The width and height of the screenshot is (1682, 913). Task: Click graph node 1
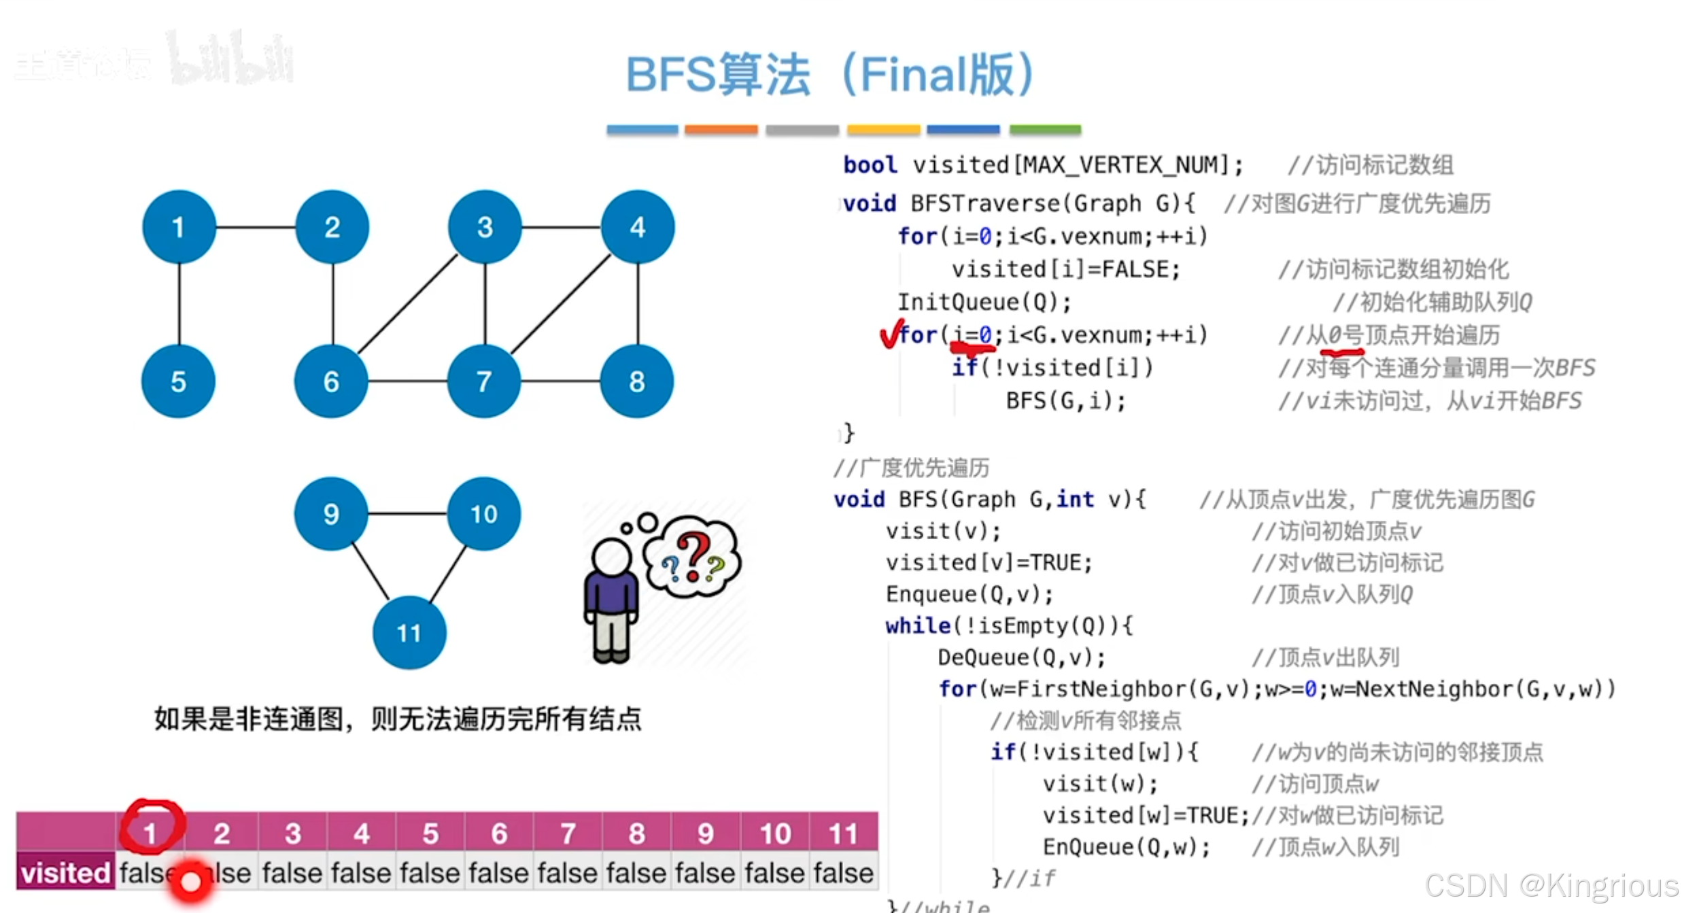[179, 227]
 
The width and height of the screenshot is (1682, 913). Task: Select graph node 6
[331, 381]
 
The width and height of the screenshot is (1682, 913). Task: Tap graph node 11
[409, 633]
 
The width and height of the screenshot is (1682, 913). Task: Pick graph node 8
[637, 381]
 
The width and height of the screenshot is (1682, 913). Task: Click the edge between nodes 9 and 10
[407, 513]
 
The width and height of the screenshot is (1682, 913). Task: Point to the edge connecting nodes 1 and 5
[179, 304]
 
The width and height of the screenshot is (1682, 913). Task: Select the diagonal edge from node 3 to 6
[407, 304]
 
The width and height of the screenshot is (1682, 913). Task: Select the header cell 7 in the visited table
[568, 833]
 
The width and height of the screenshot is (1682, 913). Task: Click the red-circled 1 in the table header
[151, 831]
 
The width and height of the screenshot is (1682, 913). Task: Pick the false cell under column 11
[843, 872]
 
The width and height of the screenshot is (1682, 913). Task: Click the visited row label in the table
[65, 872]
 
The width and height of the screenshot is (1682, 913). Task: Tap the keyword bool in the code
[870, 165]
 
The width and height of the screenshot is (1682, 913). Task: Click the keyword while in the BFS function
[917, 625]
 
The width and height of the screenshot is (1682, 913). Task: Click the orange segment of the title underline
[721, 129]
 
